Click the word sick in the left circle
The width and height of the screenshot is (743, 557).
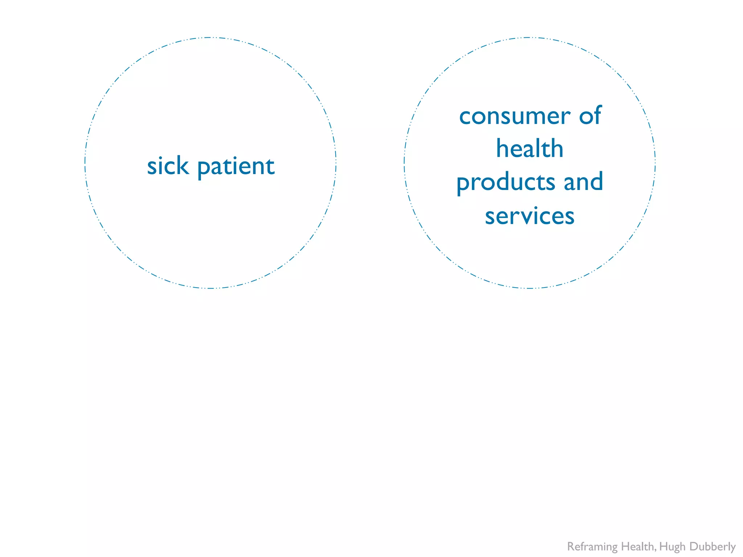click(168, 166)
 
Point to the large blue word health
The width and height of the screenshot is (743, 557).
click(530, 149)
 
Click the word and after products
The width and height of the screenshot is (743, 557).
click(583, 181)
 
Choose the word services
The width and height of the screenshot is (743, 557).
click(530, 216)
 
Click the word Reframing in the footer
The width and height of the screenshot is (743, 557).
click(592, 546)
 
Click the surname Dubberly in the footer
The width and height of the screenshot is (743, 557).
click(712, 546)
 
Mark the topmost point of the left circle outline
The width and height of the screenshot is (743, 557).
click(210, 37)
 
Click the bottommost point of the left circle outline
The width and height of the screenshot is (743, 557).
click(210, 288)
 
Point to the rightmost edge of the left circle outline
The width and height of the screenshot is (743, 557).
click(336, 163)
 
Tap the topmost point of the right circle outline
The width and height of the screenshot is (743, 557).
click(530, 37)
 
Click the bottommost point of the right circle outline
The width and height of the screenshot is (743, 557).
click(530, 288)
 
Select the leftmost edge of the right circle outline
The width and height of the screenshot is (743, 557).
click(404, 163)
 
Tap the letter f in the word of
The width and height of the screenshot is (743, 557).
click(598, 115)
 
